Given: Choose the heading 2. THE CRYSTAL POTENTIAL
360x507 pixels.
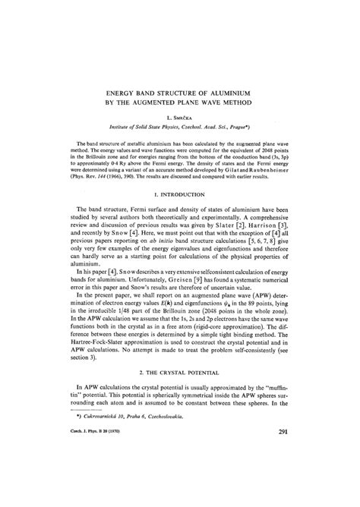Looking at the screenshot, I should [x=180, y=393].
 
